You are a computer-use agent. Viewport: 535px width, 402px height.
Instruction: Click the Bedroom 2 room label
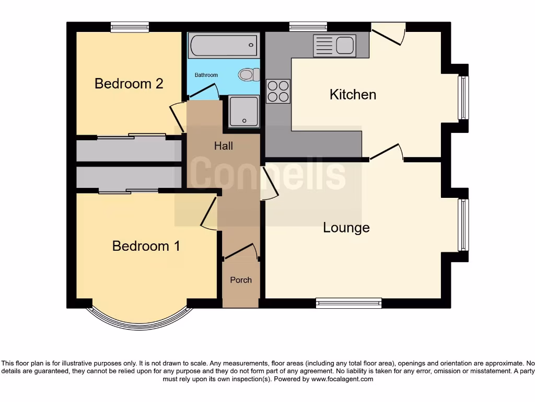pos(129,83)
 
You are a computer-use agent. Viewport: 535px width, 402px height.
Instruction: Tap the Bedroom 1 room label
pos(146,246)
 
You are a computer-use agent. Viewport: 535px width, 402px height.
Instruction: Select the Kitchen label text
pos(353,94)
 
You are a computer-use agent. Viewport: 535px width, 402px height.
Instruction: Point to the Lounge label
pos(346,228)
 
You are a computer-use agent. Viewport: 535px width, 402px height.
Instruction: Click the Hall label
pos(223,146)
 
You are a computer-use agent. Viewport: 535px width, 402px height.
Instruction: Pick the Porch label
pos(241,280)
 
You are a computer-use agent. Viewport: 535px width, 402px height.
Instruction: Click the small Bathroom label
pos(206,75)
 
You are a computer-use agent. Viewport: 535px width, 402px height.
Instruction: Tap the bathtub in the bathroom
pos(224,46)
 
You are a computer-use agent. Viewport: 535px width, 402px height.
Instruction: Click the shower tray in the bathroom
pos(243,111)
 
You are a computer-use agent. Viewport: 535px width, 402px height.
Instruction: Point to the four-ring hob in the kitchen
pos(278,91)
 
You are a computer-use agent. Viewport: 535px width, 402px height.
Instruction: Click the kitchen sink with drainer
pos(334,45)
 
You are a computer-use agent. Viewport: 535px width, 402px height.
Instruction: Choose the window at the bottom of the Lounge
pos(348,303)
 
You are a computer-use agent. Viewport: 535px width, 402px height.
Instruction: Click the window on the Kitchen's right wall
pos(463,98)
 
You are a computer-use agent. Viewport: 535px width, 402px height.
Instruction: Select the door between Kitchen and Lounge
pos(387,152)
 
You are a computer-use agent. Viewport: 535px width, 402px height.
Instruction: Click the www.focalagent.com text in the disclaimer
pos(342,379)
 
